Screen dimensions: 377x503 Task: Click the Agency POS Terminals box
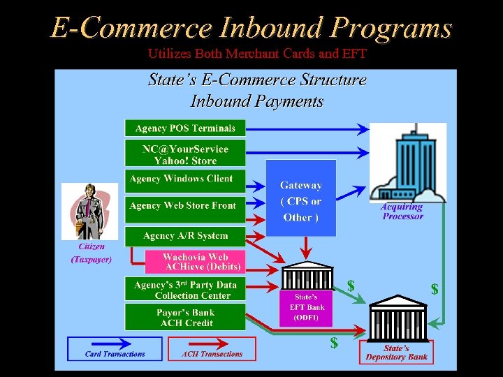(185, 128)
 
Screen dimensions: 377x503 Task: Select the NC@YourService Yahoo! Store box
(185, 154)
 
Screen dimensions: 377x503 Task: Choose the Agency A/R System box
(185, 236)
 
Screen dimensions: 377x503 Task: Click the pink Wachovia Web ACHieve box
(196, 262)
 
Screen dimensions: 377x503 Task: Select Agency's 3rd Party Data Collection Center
(185, 290)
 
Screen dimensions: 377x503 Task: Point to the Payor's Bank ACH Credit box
(185, 318)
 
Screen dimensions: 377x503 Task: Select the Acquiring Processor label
(402, 212)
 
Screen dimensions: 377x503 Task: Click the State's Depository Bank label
(396, 353)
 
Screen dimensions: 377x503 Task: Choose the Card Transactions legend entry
(115, 349)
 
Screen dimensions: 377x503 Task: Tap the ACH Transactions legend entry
(212, 349)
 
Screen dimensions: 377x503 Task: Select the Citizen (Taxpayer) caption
(92, 253)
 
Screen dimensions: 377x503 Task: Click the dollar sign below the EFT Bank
(334, 342)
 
